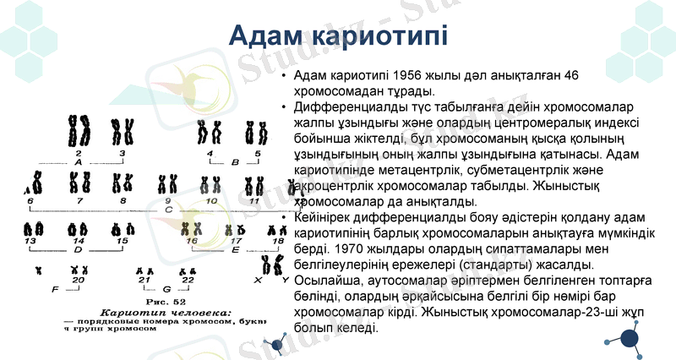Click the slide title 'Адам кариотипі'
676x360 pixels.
(338, 36)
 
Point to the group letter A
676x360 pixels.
(78, 161)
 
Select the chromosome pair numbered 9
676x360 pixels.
(166, 183)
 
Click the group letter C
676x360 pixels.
(167, 209)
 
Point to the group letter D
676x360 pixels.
(78, 250)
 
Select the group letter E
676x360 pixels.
(235, 250)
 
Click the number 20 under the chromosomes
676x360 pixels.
(79, 279)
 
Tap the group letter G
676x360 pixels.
(166, 289)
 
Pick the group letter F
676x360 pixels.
(56, 289)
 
